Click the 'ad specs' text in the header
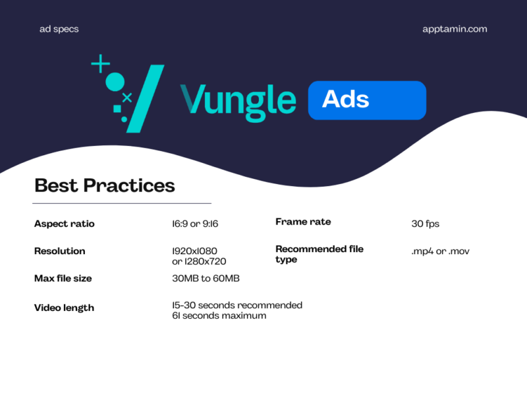(59, 29)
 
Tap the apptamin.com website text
(455, 29)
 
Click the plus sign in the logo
(100, 64)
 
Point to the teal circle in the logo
(115, 82)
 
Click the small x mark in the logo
(127, 98)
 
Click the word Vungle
(238, 100)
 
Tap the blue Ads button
(367, 100)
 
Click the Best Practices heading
(104, 185)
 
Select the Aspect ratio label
(64, 224)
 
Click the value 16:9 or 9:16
(194, 224)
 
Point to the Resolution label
(59, 251)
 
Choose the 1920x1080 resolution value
(194, 251)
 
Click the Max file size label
(63, 279)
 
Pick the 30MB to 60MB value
(205, 279)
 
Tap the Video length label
(64, 308)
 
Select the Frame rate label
(303, 222)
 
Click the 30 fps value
(425, 224)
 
